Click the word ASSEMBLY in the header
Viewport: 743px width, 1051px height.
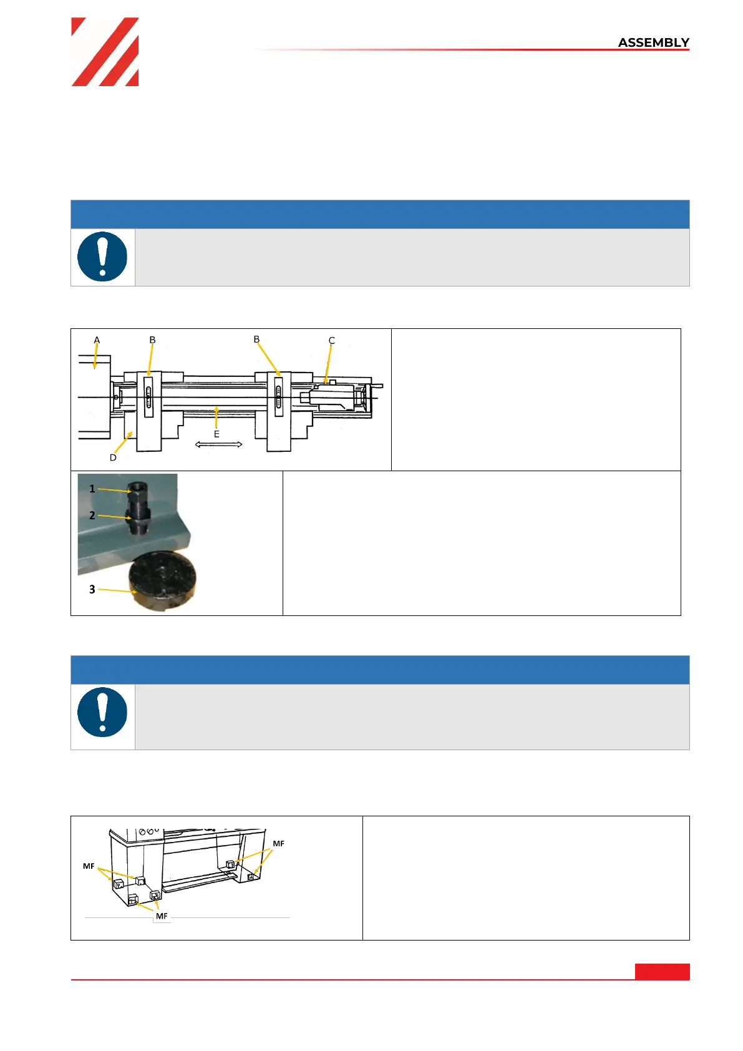coord(653,42)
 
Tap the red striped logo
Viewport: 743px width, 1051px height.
coord(105,52)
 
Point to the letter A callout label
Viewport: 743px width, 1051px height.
coord(97,340)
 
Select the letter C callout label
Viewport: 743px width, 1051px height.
coord(331,340)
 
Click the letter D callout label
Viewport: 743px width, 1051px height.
coord(113,457)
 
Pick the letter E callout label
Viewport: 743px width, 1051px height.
coord(216,434)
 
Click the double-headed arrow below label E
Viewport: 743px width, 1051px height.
coord(218,444)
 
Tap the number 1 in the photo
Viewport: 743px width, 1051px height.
coord(92,489)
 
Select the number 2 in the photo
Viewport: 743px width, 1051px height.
coord(92,516)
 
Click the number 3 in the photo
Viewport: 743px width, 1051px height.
coord(92,589)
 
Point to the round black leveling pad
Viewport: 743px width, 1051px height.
coord(162,581)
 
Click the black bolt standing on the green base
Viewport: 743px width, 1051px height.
coord(137,509)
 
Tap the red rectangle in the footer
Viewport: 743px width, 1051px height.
coord(662,971)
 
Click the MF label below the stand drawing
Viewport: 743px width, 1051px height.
coord(162,916)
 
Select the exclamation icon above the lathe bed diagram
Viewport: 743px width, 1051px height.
coord(102,257)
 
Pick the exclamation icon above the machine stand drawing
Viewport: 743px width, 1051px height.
coord(102,712)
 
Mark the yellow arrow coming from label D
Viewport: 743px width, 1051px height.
coord(123,442)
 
